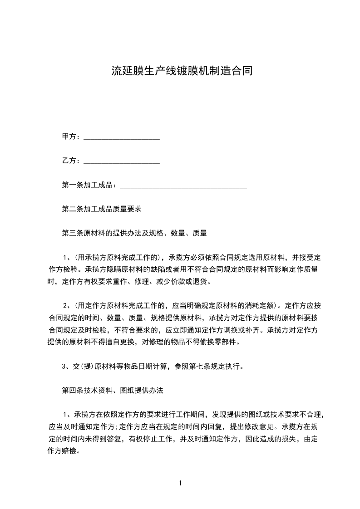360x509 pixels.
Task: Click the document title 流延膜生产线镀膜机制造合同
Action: pos(182,71)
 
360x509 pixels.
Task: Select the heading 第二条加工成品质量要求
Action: pos(102,209)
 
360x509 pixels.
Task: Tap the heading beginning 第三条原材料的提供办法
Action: pos(134,233)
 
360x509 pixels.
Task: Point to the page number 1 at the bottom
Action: pos(180,483)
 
